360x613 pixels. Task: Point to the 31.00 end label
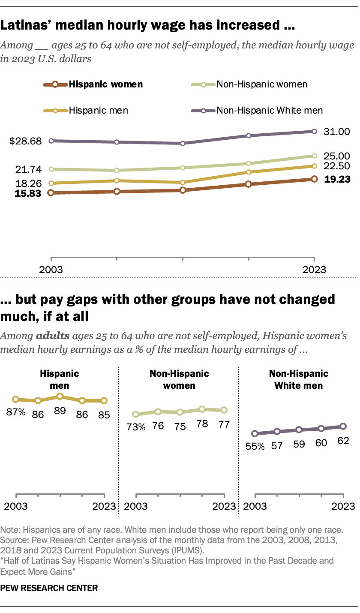(x=336, y=132)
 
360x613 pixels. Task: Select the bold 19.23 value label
(x=336, y=180)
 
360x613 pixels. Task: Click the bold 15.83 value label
(x=27, y=193)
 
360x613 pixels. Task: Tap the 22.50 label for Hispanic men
(x=336, y=166)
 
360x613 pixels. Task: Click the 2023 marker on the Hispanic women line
(x=314, y=179)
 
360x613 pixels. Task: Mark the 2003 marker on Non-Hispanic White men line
(x=51, y=141)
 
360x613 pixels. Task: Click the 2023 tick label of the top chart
(x=314, y=270)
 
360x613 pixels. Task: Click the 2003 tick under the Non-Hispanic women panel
(x=136, y=506)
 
